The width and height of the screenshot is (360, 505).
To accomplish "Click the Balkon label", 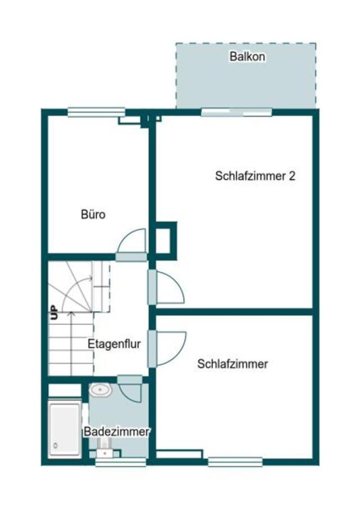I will (247, 57).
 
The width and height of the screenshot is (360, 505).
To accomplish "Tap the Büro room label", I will (94, 214).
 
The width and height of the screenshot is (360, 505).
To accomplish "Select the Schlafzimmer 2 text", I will (256, 176).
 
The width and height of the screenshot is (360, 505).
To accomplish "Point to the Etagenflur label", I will (114, 344).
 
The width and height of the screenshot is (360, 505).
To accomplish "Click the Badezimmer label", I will (117, 432).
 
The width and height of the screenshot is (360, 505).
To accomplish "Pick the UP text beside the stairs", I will (54, 313).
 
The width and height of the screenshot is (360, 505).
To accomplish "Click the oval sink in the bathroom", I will (102, 388).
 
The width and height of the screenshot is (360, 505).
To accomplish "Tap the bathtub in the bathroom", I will (65, 429).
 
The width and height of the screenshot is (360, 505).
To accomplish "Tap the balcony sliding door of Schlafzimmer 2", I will (236, 112).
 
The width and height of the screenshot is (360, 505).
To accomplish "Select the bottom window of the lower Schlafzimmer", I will (235, 462).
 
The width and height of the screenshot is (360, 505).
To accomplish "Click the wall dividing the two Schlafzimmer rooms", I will (233, 311).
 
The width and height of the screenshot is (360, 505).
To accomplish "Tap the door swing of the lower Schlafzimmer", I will (171, 348).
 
